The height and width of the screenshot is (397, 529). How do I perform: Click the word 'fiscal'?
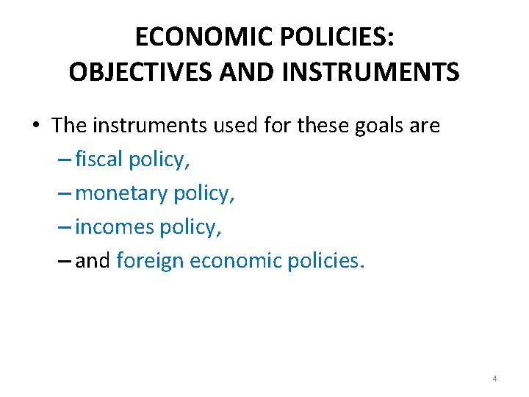click(99, 160)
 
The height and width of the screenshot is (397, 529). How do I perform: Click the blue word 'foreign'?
click(150, 261)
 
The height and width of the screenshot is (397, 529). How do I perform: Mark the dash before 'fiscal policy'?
click(65, 160)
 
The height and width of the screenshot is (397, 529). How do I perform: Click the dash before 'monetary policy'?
click(65, 194)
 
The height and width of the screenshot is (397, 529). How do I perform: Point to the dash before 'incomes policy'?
click(65, 228)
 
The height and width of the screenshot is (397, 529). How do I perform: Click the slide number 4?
click(494, 379)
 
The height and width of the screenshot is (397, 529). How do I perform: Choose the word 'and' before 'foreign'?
click(92, 261)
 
